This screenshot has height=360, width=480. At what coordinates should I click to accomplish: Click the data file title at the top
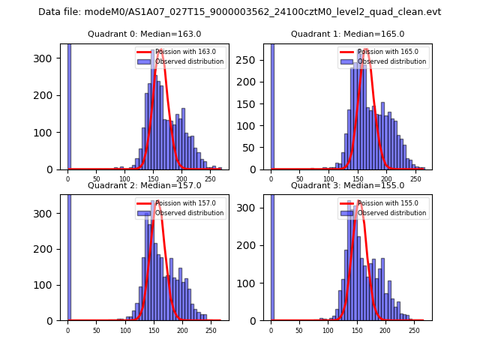tap(239, 12)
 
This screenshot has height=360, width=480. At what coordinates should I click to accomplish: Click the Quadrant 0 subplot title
tap(145, 34)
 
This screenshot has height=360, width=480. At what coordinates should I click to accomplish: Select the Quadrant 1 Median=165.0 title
tap(348, 34)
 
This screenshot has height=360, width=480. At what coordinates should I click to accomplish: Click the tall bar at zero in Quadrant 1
tap(271, 105)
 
